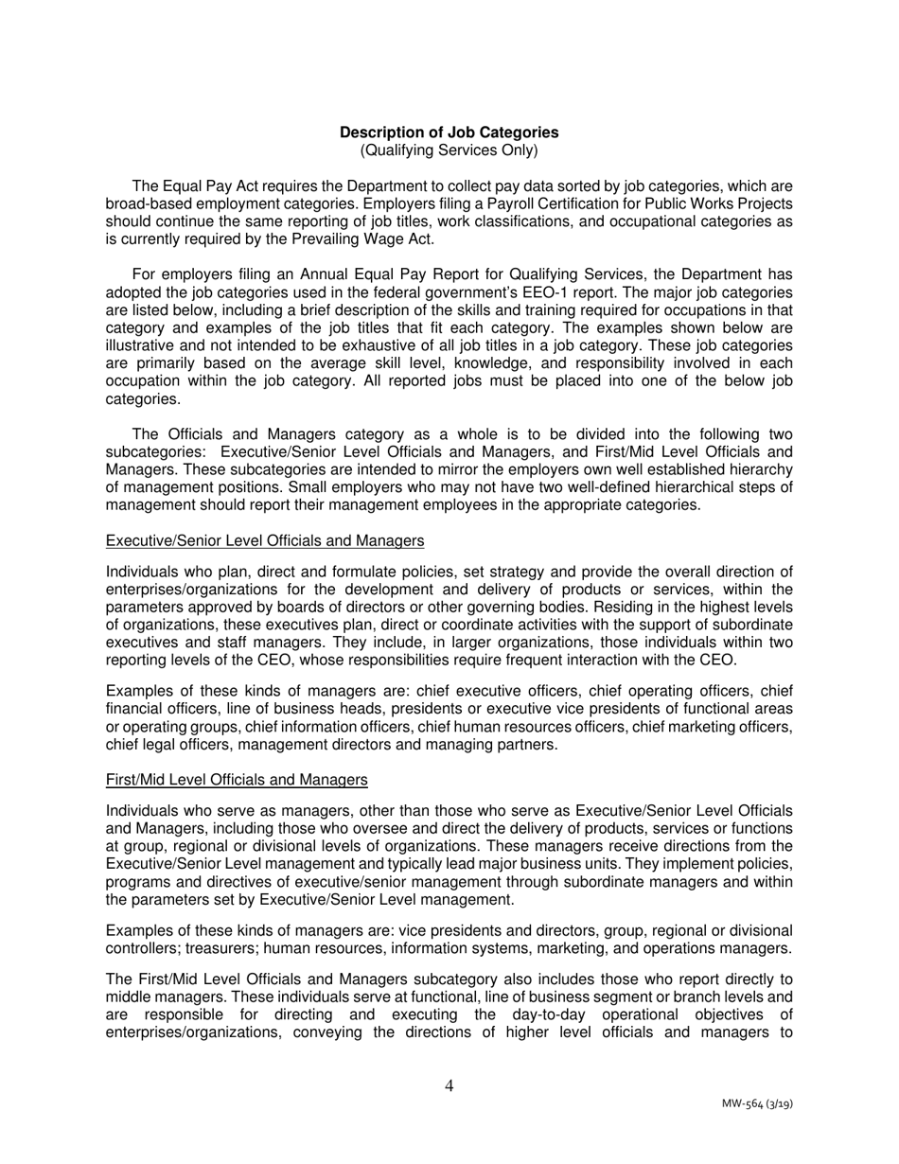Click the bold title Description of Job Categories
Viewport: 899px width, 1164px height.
click(x=449, y=132)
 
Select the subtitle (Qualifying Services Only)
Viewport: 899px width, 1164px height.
click(x=449, y=150)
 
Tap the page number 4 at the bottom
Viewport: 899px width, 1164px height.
click(x=449, y=1085)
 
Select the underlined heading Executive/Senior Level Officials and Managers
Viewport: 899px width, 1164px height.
click(x=265, y=540)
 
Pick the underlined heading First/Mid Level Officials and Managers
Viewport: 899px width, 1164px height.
click(x=237, y=780)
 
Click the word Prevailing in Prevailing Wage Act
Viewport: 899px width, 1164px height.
click(x=308, y=239)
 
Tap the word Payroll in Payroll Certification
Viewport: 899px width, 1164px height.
click(x=432, y=204)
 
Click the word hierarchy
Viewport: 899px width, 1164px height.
click(x=761, y=469)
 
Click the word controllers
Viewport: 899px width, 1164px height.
click(x=144, y=949)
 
